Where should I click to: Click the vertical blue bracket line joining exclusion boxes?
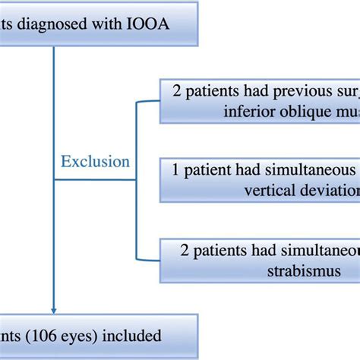(135, 180)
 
